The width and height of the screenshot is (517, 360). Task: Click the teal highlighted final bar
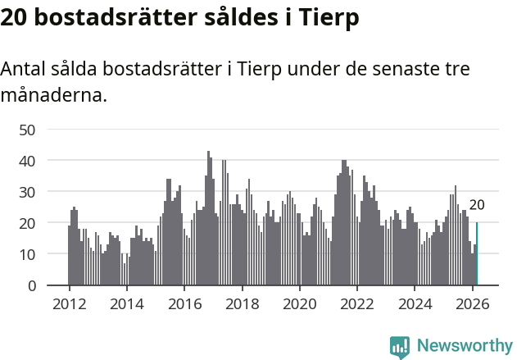(x=476, y=254)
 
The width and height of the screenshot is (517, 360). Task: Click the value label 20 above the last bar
(x=476, y=205)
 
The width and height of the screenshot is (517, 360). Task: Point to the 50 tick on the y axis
(x=27, y=130)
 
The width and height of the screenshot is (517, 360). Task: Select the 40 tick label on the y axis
(x=27, y=161)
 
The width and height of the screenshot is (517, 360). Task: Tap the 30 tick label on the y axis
(x=27, y=192)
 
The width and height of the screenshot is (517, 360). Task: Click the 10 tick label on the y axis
(x=27, y=254)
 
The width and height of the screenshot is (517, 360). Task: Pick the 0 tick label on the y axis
(x=31, y=285)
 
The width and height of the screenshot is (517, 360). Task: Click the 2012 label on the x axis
(x=69, y=303)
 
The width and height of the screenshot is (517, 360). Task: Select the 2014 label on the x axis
(x=126, y=303)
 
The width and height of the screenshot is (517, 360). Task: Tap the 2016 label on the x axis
(x=184, y=303)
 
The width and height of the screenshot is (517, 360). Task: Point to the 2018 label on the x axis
(x=242, y=303)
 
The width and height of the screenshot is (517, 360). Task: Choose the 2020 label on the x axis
(x=299, y=303)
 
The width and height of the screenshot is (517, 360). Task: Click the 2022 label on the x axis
(x=357, y=303)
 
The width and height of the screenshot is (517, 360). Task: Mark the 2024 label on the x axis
(x=415, y=303)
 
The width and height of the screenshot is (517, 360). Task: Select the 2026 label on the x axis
(x=472, y=303)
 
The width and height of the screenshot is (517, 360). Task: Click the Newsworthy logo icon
(x=400, y=346)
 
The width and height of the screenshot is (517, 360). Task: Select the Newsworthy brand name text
(x=465, y=346)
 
